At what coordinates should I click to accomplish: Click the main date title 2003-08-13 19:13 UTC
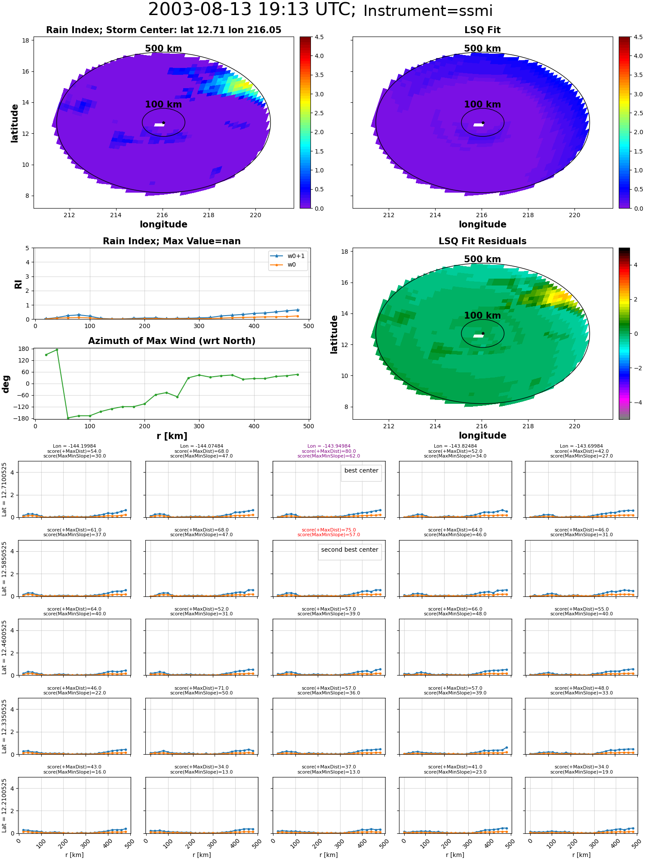pos(252,10)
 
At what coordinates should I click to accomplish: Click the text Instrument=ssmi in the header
pos(428,11)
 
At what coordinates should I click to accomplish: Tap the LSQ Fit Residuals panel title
pos(482,241)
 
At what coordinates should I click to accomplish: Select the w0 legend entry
pos(283,265)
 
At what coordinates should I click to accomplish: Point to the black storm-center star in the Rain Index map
pos(163,123)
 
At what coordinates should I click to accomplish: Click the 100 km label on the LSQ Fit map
pos(482,104)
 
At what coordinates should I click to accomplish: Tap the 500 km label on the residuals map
pos(482,259)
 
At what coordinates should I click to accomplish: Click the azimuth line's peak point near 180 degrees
pos(57,350)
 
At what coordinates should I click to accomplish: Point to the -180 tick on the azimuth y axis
pos(23,418)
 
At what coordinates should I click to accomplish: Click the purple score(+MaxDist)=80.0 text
pos(329,451)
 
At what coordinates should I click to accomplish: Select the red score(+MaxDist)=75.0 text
pos(329,530)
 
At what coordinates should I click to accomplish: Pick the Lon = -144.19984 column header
pos(74,446)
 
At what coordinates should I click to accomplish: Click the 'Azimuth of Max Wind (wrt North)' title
pos(172,341)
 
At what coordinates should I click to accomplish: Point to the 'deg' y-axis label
pos(6,384)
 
